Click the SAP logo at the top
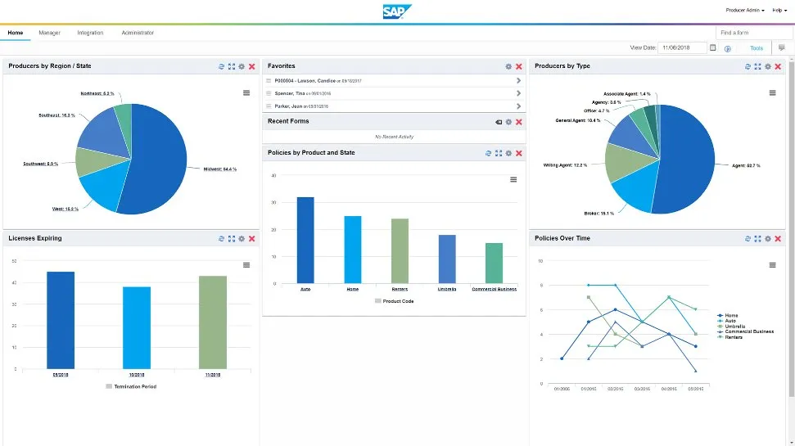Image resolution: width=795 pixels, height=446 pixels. coord(397,11)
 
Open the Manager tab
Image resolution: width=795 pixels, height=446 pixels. coord(49,33)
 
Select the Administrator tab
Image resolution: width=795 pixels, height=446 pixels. coord(138,33)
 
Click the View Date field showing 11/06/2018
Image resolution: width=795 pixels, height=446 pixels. coord(681,48)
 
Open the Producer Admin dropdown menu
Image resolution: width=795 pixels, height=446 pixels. coord(744,11)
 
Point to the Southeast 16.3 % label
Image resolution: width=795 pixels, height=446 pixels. coord(56,115)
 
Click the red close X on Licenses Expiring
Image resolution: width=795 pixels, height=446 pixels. coord(252,239)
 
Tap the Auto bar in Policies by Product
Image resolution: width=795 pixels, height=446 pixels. coord(305,240)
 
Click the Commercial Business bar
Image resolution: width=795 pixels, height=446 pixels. coord(494,262)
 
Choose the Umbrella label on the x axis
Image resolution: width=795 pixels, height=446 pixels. coord(447,289)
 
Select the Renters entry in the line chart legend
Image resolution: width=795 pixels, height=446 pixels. coord(733,337)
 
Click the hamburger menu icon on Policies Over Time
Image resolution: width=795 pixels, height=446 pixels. coord(772,265)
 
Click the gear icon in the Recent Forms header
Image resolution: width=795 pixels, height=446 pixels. coord(508,122)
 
